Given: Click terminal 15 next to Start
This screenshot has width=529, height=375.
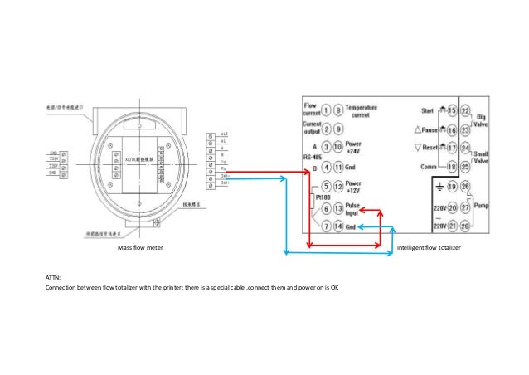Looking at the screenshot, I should point(451,110).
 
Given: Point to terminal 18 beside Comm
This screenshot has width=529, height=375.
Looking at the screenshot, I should point(451,167).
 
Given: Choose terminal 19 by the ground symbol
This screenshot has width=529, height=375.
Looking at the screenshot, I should point(451,187).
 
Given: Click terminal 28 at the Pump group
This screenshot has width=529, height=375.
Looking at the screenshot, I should point(465,226).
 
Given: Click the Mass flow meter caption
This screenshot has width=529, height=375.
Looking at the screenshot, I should point(140,248).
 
